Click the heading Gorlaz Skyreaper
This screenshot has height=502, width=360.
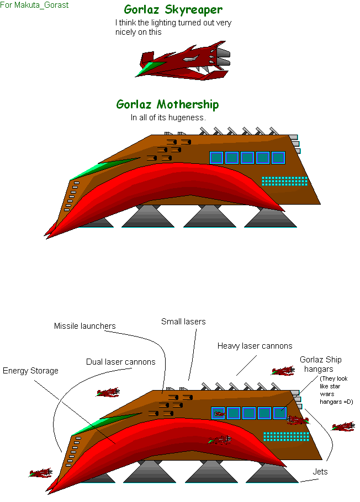pyautogui.click(x=173, y=10)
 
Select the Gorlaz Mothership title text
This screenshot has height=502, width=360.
pyautogui.click(x=167, y=105)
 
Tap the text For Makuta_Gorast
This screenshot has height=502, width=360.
pyautogui.click(x=34, y=5)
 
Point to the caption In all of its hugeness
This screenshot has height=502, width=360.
pyautogui.click(x=167, y=118)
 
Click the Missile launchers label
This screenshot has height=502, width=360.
pyautogui.click(x=84, y=326)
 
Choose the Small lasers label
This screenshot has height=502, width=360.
pyautogui.click(x=183, y=322)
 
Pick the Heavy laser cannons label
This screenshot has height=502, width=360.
pyautogui.click(x=255, y=346)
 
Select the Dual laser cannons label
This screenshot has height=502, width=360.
pyautogui.click(x=120, y=362)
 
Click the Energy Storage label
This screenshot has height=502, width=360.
pyautogui.click(x=30, y=371)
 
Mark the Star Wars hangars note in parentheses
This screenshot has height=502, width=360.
pyautogui.click(x=336, y=390)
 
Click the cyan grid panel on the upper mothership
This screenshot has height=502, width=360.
pyautogui.click(x=284, y=181)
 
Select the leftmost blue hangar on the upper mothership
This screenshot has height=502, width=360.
pyautogui.click(x=216, y=158)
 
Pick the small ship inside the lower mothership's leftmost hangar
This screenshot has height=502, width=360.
pyautogui.click(x=219, y=414)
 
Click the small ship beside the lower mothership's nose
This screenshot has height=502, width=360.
pyautogui.click(x=40, y=473)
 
